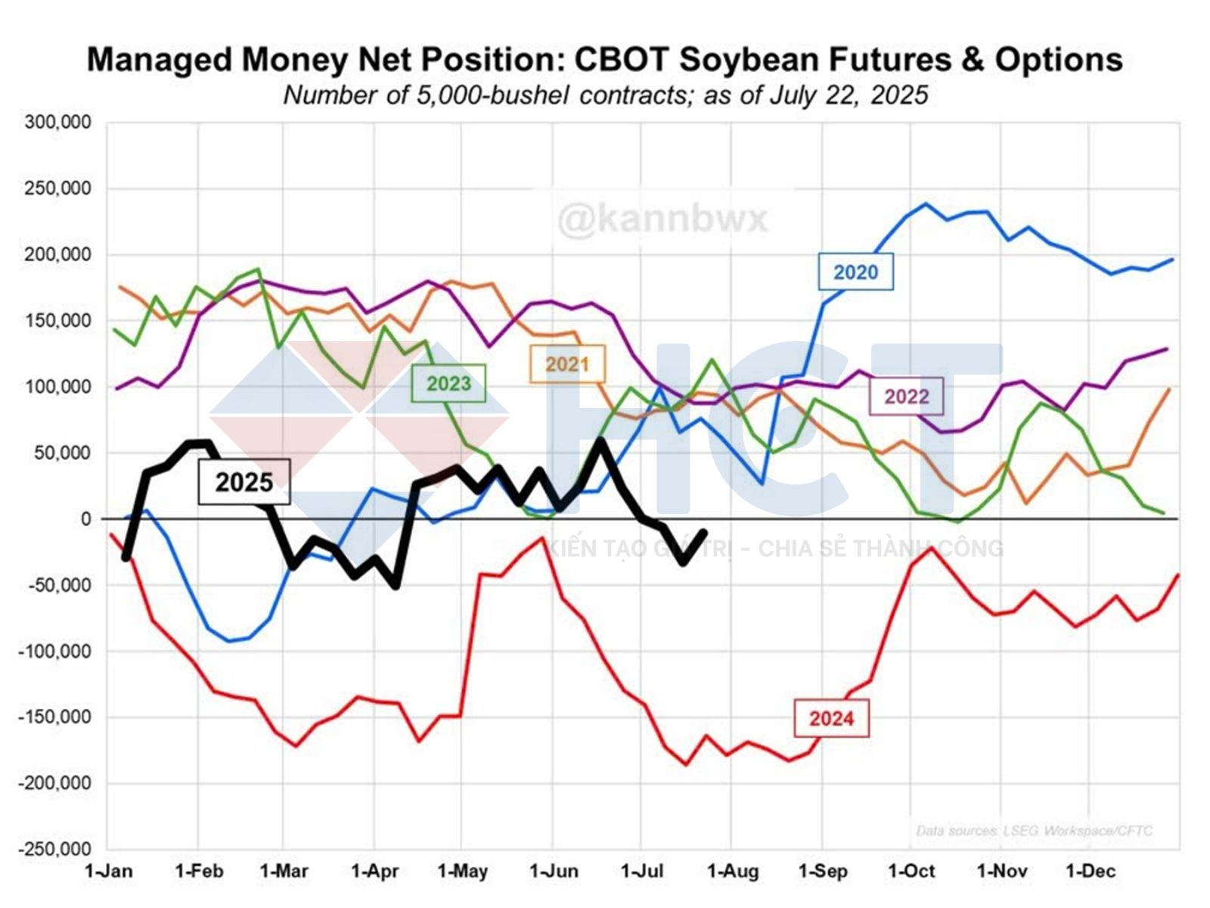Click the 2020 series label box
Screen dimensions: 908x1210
855,272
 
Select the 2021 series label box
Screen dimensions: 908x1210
567,364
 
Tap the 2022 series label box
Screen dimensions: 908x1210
906,396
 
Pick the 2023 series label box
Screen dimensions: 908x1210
448,384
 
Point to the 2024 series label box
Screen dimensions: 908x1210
831,718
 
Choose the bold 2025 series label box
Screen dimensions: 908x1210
244,482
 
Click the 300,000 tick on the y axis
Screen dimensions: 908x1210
57,123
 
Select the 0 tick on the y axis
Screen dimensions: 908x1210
85,519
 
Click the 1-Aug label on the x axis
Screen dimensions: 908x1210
732,872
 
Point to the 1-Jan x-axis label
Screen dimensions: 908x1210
108,872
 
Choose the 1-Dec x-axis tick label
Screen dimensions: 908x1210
1091,872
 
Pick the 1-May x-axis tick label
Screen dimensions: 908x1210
462,872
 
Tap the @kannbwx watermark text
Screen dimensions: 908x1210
662,219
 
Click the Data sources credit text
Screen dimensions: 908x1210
1035,831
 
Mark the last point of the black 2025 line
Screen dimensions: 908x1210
704,532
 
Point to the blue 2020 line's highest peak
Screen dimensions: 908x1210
926,204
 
